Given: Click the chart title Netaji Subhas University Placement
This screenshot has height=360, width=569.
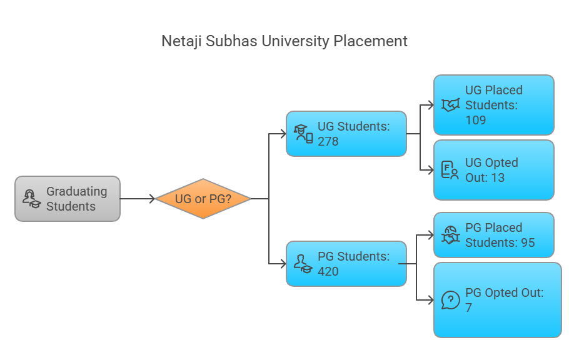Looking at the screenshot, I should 284,41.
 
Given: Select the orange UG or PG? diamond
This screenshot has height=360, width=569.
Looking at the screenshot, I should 203,199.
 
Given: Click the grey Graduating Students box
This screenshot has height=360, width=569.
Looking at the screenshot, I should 68,199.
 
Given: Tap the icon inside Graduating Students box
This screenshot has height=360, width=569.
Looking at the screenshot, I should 31,199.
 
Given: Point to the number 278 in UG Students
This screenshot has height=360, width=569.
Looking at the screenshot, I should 328,142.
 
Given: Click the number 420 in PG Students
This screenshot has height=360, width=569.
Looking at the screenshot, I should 328,271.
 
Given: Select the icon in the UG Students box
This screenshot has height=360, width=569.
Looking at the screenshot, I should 304,134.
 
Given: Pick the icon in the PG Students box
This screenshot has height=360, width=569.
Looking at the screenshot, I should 303,264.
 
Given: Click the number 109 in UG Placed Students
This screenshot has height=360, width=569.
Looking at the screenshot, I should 476,120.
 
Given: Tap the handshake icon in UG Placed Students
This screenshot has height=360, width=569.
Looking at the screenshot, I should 450,105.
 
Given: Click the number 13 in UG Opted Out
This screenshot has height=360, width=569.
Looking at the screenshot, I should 497,177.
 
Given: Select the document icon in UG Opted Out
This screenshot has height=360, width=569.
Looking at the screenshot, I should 450,170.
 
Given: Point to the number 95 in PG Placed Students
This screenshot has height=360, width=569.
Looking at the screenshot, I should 527,242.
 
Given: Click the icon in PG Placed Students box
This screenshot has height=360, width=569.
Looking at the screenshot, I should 450,235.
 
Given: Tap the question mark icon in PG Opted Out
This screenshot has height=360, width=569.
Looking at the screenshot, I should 450,300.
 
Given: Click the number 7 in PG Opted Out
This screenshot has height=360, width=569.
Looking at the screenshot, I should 469,307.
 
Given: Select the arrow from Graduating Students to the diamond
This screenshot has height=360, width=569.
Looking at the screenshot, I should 138,199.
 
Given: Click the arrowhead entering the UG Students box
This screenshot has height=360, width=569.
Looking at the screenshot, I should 283,134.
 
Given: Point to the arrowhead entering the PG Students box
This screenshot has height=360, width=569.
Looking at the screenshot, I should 283,264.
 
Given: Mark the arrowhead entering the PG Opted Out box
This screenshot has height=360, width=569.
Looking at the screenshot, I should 430,300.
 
